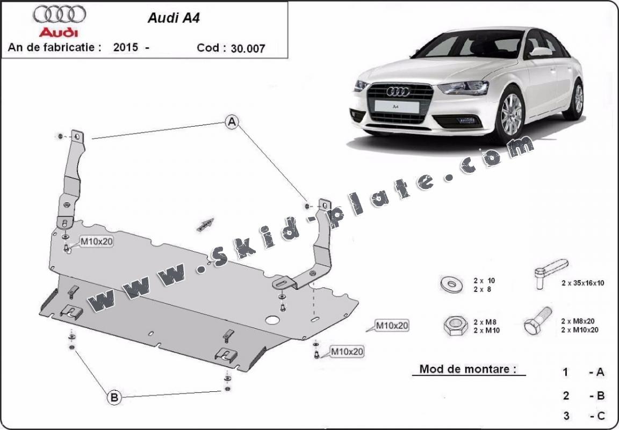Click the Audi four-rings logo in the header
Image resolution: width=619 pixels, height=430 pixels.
[x=60, y=14]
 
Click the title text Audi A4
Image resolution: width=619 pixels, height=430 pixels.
[x=165, y=17]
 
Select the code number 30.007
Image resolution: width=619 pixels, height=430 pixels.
[x=248, y=48]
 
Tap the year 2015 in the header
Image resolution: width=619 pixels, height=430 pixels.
[x=125, y=47]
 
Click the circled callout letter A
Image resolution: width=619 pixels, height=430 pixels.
[x=232, y=123]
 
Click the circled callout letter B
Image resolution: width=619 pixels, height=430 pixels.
[x=114, y=397]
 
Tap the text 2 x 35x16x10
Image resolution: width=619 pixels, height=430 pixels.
[x=582, y=283]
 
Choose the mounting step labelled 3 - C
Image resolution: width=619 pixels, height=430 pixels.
[x=584, y=415]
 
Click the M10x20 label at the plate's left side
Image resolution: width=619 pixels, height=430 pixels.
[x=97, y=242]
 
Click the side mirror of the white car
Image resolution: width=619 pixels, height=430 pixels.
[x=541, y=52]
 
